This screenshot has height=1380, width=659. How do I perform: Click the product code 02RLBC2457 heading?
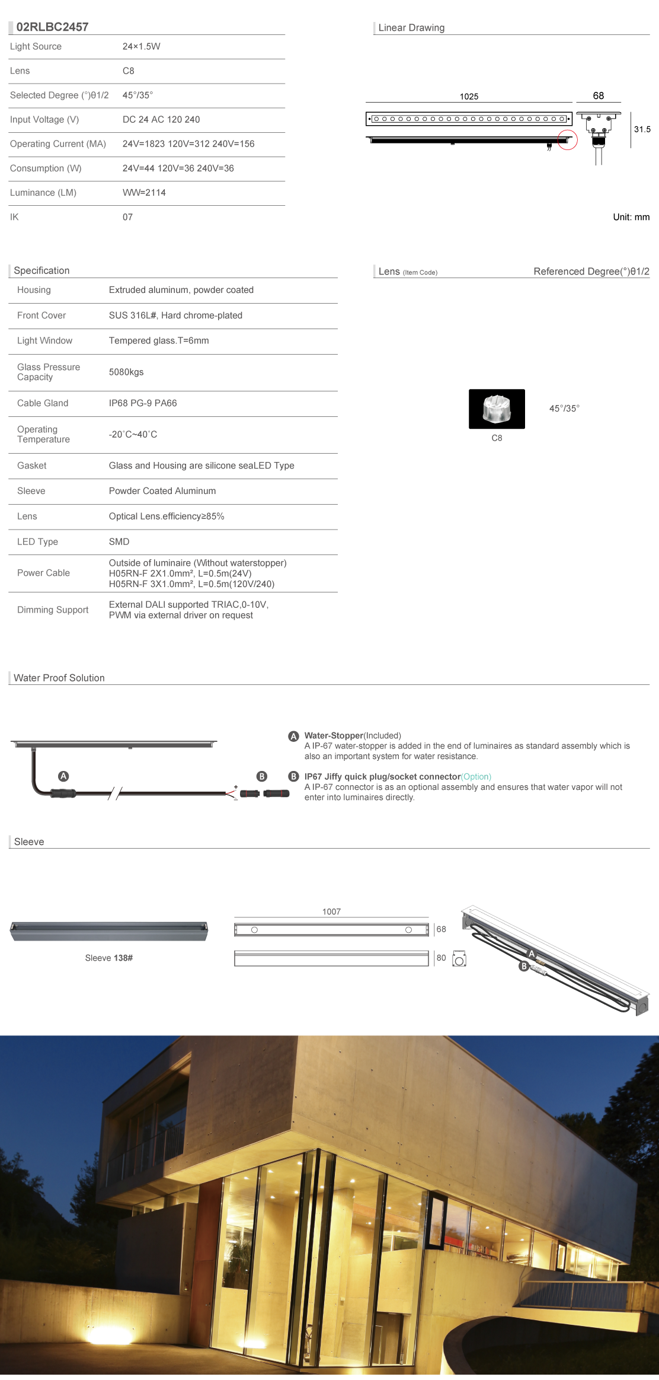click(x=52, y=27)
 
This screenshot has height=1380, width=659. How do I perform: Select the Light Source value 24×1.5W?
click(x=141, y=46)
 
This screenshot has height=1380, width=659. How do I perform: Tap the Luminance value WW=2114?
click(x=144, y=193)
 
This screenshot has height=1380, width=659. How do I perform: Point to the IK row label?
click(x=14, y=217)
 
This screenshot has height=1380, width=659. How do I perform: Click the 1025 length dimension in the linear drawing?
click(x=469, y=97)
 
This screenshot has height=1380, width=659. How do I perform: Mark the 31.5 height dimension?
click(x=642, y=129)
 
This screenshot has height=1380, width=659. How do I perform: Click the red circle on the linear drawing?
click(x=567, y=140)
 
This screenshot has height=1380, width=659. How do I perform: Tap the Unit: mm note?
click(x=631, y=217)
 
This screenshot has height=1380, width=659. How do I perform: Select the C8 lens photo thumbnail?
click(x=497, y=409)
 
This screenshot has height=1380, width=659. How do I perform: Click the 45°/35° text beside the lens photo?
click(x=564, y=409)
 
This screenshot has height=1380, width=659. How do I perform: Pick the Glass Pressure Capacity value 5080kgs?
click(x=126, y=372)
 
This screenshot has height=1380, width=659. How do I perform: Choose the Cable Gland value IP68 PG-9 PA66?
click(x=143, y=403)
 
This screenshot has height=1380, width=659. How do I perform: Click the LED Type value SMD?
click(x=119, y=541)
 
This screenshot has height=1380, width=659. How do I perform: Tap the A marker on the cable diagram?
click(x=63, y=776)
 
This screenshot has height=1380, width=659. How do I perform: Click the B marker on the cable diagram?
click(x=261, y=776)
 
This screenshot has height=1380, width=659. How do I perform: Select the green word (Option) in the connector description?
click(x=476, y=777)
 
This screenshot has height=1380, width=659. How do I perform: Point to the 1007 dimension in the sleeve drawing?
click(x=331, y=911)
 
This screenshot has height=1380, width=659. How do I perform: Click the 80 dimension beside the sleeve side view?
click(x=441, y=958)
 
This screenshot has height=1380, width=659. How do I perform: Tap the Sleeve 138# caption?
click(x=108, y=958)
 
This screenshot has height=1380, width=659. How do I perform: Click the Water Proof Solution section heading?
click(x=59, y=678)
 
